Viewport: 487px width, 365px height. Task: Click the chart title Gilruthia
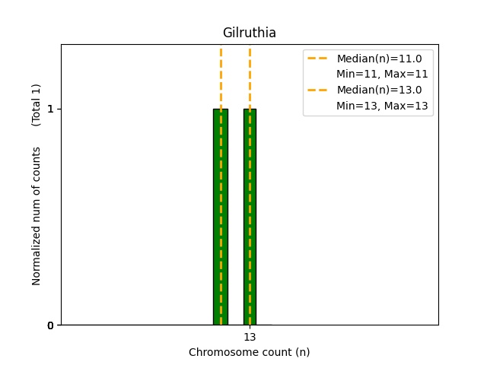[x=249, y=33]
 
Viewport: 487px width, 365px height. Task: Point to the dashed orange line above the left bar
[x=221, y=76]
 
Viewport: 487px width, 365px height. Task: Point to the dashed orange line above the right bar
[x=250, y=76]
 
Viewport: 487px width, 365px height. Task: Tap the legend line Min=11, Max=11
[x=382, y=74]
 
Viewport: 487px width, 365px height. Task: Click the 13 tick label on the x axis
[x=250, y=337]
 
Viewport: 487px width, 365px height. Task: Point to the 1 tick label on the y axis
[x=50, y=109]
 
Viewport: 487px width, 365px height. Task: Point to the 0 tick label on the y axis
[x=50, y=325]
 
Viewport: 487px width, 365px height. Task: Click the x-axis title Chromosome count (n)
[x=249, y=352]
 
